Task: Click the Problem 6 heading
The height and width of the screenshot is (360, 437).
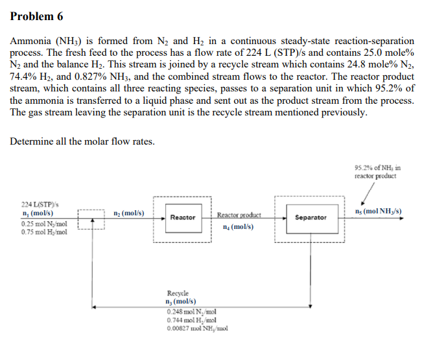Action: tap(36, 16)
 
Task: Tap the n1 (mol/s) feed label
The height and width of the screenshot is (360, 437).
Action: tap(38, 213)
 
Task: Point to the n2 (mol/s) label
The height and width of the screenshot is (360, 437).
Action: tap(129, 213)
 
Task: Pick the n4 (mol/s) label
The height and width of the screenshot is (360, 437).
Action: tap(239, 227)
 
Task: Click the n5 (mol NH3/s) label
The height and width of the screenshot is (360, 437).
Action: tap(378, 211)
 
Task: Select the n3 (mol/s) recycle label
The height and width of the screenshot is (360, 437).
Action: tap(181, 302)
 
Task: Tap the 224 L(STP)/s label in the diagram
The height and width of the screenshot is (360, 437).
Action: tap(40, 205)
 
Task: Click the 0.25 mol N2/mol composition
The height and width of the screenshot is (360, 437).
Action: tap(44, 224)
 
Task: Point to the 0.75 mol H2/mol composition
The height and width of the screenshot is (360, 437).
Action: tap(44, 232)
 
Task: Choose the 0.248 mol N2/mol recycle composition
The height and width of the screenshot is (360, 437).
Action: tap(191, 312)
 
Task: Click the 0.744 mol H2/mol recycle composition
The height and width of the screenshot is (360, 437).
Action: tap(191, 320)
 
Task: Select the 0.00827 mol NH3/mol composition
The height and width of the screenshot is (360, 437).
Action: tap(197, 328)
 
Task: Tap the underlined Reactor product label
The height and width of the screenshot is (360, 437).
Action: tap(239, 215)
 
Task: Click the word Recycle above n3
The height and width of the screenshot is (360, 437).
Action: tap(178, 293)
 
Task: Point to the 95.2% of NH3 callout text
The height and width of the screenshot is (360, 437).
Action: tap(377, 172)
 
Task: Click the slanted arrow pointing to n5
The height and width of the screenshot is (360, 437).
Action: tap(368, 194)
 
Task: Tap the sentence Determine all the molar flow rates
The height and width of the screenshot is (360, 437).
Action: tap(82, 141)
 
